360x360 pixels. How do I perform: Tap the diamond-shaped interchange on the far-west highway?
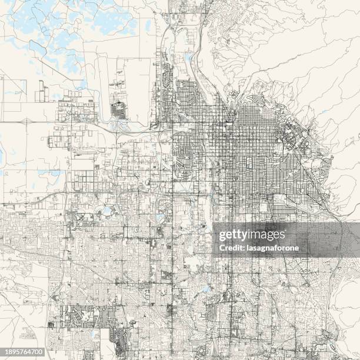pos(26,121)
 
